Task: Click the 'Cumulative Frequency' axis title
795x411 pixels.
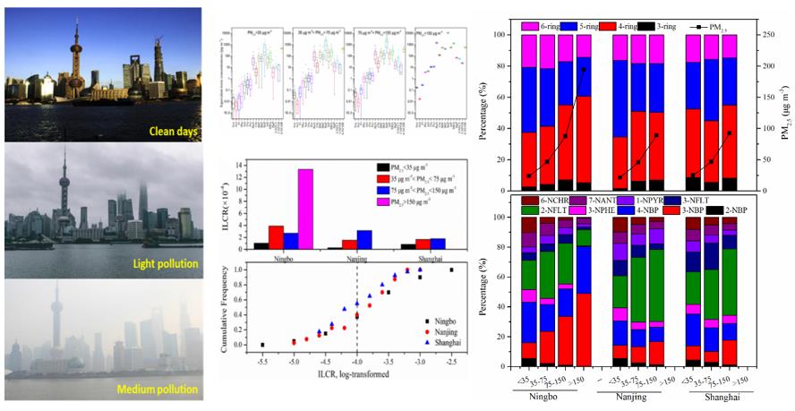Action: [x=224, y=306]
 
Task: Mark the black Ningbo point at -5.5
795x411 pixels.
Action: [x=262, y=345]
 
